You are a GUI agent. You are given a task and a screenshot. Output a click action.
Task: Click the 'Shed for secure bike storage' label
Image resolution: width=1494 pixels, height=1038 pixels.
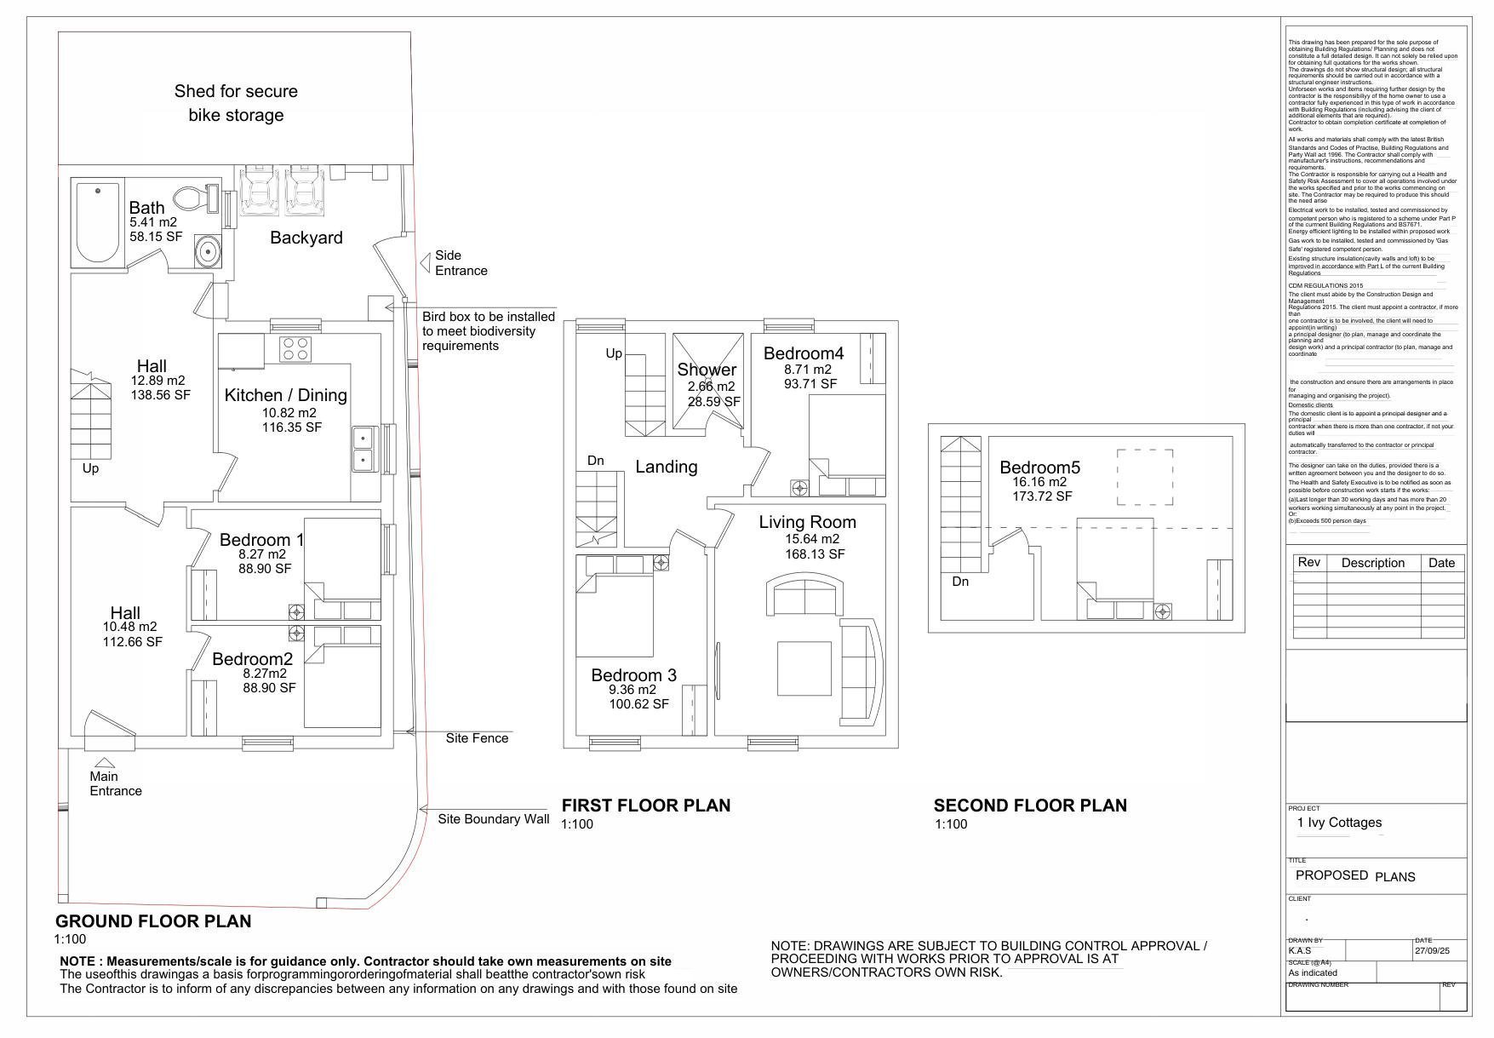pyautogui.click(x=236, y=103)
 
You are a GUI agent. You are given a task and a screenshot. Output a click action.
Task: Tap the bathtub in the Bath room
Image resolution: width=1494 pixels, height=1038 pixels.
pyautogui.click(x=97, y=221)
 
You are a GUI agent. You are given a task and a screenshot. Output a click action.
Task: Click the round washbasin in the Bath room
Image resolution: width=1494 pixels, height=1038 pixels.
pyautogui.click(x=206, y=252)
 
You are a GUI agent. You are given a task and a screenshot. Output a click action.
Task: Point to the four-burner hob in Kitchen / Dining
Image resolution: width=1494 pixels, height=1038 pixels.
pyautogui.click(x=295, y=349)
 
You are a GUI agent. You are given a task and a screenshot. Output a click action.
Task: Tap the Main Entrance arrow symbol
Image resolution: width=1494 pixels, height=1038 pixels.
pyautogui.click(x=104, y=763)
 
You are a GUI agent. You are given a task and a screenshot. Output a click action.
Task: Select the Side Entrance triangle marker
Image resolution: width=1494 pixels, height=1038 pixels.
pyautogui.click(x=425, y=263)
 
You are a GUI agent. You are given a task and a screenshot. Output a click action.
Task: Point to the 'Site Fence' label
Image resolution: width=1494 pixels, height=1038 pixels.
pyautogui.click(x=477, y=738)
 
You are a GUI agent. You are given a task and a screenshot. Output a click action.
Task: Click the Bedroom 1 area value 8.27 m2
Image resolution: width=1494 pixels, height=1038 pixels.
pyautogui.click(x=262, y=554)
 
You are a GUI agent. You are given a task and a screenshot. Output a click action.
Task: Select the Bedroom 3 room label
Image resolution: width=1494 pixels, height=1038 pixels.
pyautogui.click(x=633, y=675)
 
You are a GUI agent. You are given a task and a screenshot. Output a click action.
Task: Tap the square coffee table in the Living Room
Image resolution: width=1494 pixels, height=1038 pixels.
pyautogui.click(x=804, y=668)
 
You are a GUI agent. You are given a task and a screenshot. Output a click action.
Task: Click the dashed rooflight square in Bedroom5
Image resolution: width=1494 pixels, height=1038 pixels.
pyautogui.click(x=1144, y=478)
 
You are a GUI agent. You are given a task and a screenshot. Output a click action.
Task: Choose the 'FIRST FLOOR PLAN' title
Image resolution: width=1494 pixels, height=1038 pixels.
pyautogui.click(x=645, y=806)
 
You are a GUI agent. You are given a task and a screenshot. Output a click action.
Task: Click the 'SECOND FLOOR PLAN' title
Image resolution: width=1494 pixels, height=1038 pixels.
pyautogui.click(x=1029, y=806)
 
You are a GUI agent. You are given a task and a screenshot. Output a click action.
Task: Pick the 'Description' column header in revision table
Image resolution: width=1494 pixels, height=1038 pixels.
pyautogui.click(x=1372, y=563)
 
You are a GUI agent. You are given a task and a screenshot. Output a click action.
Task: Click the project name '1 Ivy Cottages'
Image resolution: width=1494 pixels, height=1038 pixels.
pyautogui.click(x=1338, y=823)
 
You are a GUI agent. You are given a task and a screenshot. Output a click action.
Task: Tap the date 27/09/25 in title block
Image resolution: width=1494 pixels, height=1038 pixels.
pyautogui.click(x=1431, y=951)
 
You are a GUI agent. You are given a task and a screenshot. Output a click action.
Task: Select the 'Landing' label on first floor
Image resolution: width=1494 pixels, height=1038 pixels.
pyautogui.click(x=666, y=467)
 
